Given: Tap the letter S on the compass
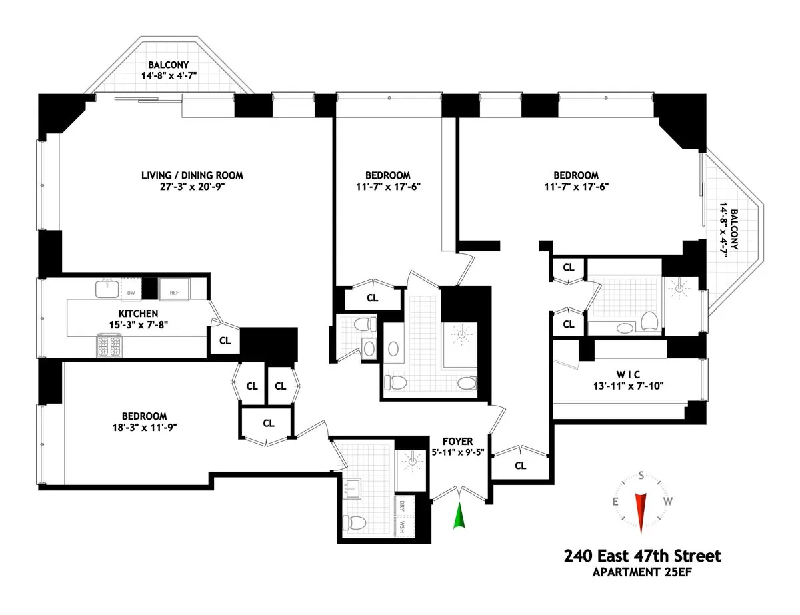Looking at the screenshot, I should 641,476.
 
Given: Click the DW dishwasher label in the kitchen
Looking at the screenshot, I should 131,292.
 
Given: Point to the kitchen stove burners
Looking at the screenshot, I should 109,345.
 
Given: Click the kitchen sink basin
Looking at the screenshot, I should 105,288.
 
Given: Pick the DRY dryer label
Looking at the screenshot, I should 403,506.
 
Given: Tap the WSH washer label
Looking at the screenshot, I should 403,526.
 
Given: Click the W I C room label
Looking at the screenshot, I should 621,374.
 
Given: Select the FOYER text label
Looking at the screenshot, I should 457,442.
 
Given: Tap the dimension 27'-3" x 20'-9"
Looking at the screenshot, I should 192,187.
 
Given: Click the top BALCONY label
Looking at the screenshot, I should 169,65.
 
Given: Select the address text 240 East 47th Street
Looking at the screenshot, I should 642,555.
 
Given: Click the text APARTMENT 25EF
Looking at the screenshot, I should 642,572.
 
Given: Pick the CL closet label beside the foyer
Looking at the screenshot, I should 520,466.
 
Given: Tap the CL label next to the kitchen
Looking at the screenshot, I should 225,340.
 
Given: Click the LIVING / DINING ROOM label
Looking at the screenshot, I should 192,175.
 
